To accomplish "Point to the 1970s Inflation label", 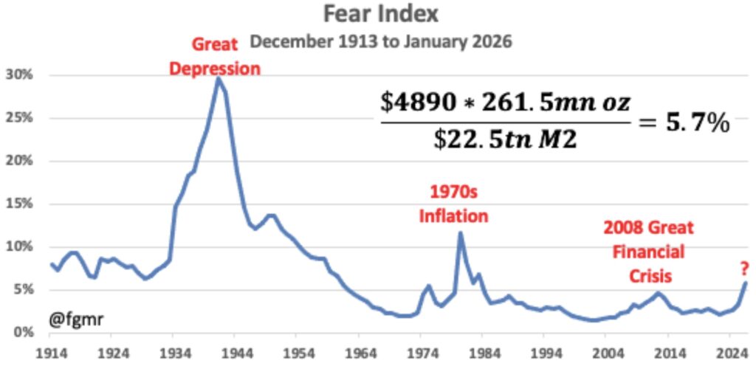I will point(453,204).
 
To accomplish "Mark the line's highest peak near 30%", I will point(218,77).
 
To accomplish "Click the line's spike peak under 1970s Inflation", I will point(461,233).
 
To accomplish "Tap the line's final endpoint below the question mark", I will point(746,283).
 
